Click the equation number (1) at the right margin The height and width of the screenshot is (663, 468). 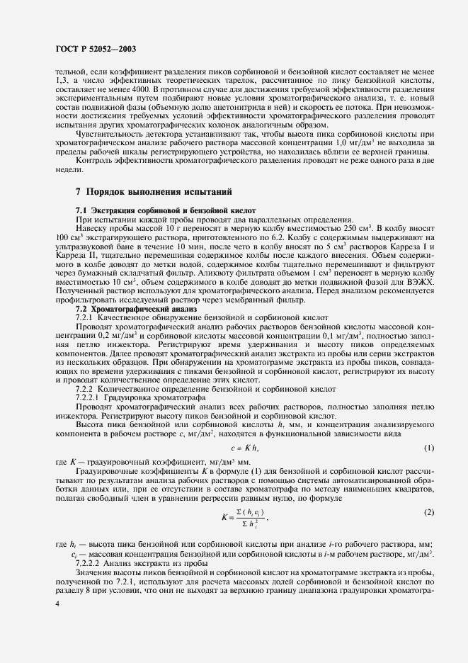tap(428, 448)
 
